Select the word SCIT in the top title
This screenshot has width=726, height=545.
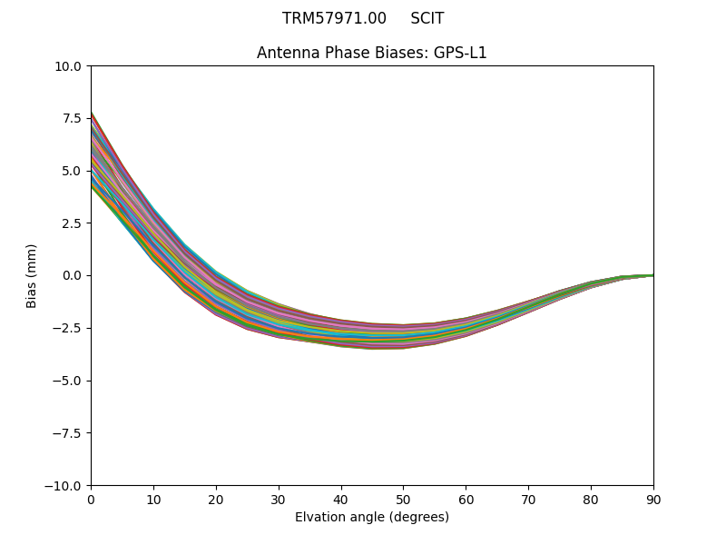point(427,18)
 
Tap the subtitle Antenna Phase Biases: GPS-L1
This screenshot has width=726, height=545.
point(372,53)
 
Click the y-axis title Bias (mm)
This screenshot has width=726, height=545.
point(32,275)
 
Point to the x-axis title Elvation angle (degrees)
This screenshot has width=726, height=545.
point(372,517)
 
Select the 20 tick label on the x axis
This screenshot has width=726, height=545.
point(216,499)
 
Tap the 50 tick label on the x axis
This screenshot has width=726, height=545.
point(403,499)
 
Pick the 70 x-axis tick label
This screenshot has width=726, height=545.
point(528,499)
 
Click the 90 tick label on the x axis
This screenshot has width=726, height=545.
point(652,499)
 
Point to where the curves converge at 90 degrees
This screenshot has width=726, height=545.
point(652,275)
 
